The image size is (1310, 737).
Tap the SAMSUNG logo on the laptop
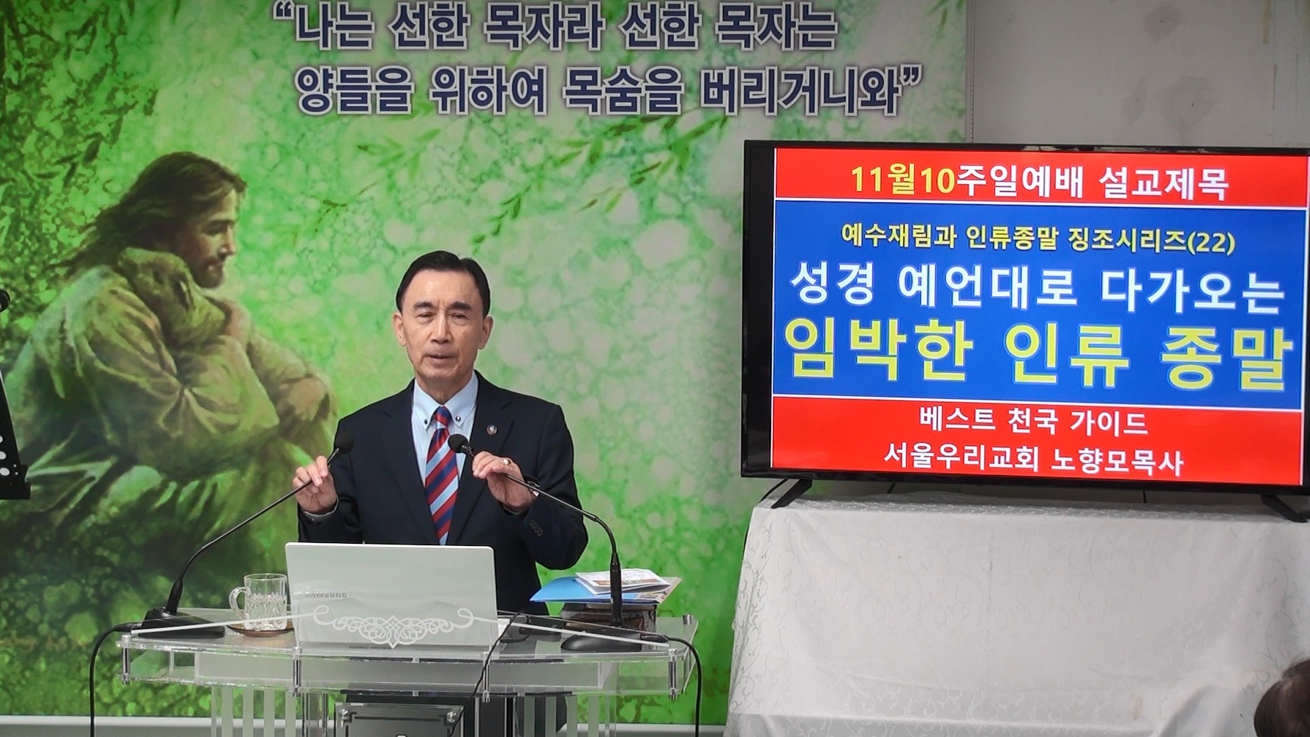(x=325, y=595)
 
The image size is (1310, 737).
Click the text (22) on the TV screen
(x=1217, y=242)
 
